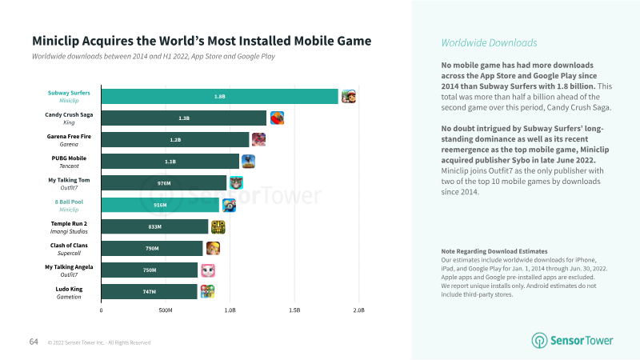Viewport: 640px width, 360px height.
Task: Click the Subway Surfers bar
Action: [x=220, y=96]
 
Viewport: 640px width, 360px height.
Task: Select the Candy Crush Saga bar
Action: [x=184, y=118]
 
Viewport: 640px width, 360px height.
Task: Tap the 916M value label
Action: [x=160, y=205]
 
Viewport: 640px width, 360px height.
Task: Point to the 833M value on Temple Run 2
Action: [x=155, y=226]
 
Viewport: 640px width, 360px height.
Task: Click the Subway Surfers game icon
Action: [x=349, y=96]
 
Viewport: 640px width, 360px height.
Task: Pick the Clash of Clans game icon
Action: [x=214, y=248]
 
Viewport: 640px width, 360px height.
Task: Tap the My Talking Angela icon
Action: [x=208, y=270]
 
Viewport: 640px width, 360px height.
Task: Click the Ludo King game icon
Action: [x=207, y=291]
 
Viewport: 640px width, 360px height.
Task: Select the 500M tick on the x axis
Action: [x=166, y=310]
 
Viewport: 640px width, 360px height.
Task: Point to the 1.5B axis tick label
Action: [x=294, y=310]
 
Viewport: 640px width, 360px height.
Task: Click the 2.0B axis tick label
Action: [x=358, y=310]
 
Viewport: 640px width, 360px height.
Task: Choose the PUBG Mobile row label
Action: [x=69, y=158]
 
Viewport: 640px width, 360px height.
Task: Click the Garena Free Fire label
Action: [x=69, y=136]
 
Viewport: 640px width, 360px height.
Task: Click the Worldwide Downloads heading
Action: [x=489, y=42]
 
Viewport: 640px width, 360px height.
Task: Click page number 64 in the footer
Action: [x=34, y=342]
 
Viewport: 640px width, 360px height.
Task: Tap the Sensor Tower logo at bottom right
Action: [x=573, y=340]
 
